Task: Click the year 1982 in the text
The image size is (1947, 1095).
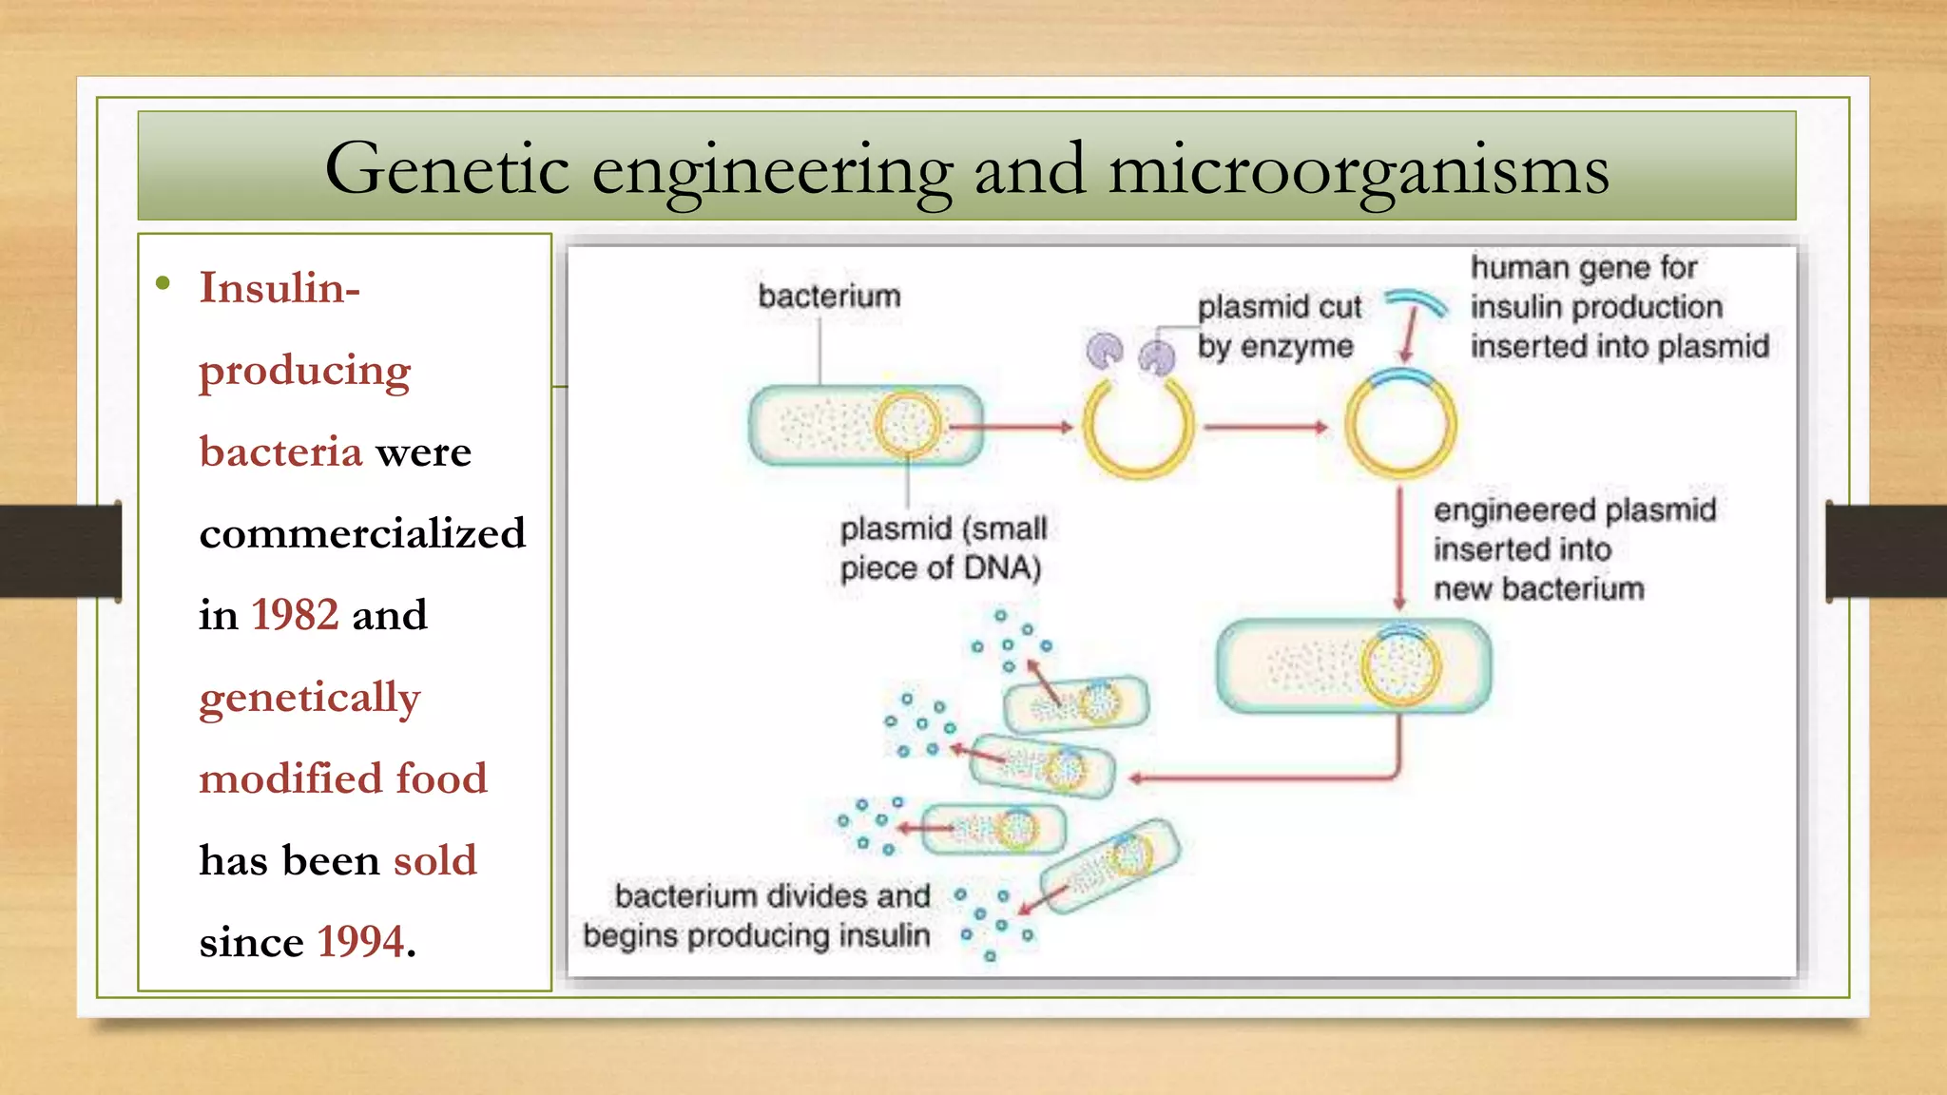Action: (295, 615)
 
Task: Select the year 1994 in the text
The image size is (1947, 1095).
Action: (360, 942)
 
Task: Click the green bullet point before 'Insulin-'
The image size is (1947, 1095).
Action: (164, 283)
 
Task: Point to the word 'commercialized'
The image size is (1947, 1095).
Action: (362, 533)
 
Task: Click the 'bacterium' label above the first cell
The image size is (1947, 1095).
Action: (829, 297)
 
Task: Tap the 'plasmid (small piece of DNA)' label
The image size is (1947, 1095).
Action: (942, 548)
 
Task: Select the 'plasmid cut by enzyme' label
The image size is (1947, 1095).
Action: (1279, 327)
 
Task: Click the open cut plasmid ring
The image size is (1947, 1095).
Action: (1138, 429)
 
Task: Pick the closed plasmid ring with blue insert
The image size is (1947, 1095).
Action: (1400, 425)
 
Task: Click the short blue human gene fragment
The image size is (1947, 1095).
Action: (1417, 301)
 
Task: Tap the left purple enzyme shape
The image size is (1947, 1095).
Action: (1105, 351)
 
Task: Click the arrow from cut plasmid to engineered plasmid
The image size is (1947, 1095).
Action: (1265, 428)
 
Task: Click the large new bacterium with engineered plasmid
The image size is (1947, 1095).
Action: (1354, 666)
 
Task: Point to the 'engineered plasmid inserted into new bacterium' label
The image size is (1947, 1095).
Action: (1573, 549)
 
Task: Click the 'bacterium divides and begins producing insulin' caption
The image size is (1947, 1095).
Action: (758, 915)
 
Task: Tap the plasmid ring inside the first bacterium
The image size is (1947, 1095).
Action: (906, 425)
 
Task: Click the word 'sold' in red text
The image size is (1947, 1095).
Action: (434, 860)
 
